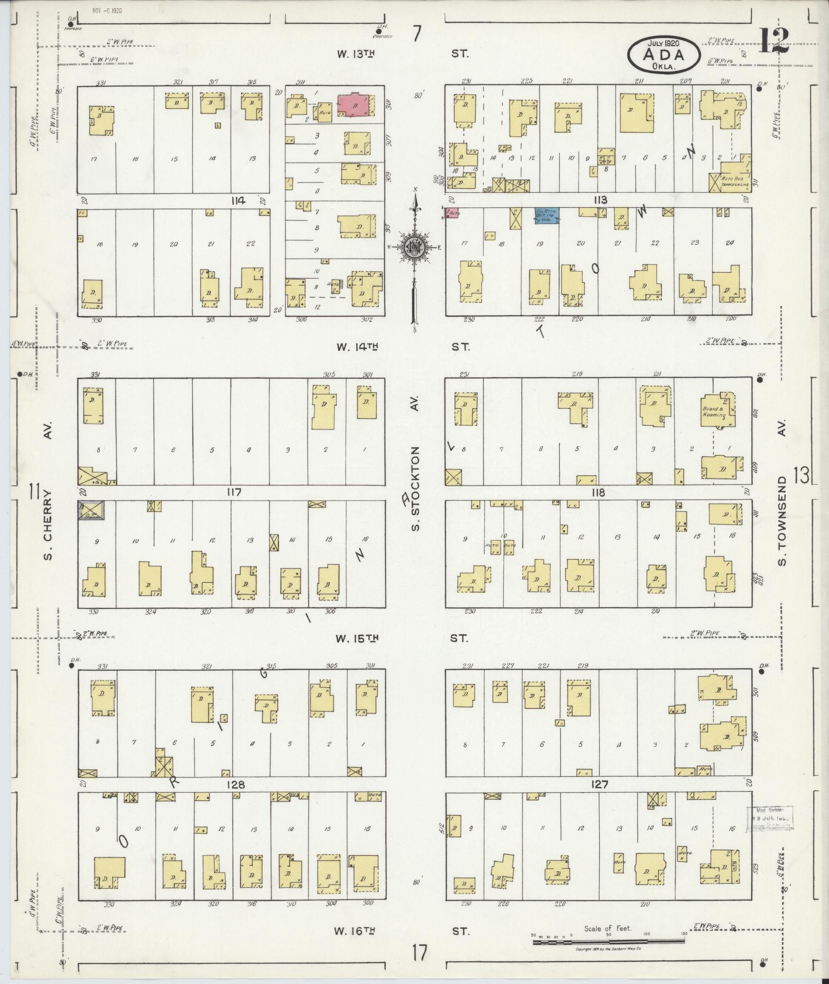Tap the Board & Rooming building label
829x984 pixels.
tap(714, 412)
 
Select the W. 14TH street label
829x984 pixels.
tap(358, 347)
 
